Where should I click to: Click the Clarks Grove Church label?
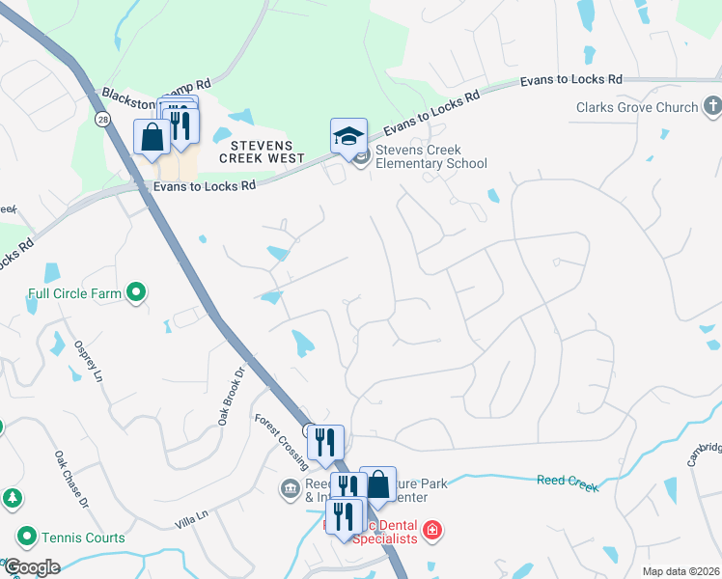tap(637, 107)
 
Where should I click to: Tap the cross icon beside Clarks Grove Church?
tap(712, 105)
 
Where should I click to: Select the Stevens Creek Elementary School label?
tap(430, 156)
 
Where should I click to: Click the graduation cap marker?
tap(348, 136)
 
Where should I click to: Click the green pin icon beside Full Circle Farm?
tap(137, 289)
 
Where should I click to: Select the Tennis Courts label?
tap(83, 538)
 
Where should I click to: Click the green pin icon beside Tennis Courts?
tap(26, 537)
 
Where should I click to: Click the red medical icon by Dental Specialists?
tap(432, 530)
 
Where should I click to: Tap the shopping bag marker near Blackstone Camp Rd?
tap(153, 136)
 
